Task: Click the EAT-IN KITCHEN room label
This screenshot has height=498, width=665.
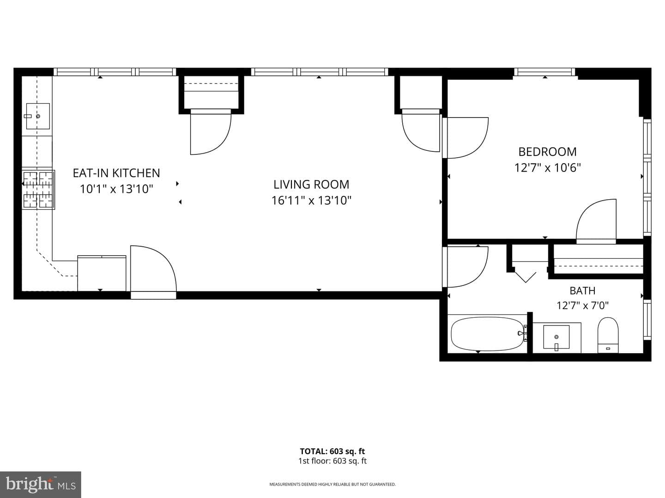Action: pyautogui.click(x=116, y=173)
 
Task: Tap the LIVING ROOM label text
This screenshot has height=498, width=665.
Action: pyautogui.click(x=311, y=184)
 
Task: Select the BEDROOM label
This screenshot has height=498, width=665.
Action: pyautogui.click(x=547, y=152)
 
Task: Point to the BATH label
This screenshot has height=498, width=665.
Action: pyautogui.click(x=583, y=290)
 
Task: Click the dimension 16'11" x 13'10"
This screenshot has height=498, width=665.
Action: pyautogui.click(x=311, y=201)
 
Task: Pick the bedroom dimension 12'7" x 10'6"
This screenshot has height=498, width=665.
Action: pyautogui.click(x=547, y=167)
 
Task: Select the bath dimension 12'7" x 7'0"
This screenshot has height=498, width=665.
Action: pyautogui.click(x=583, y=305)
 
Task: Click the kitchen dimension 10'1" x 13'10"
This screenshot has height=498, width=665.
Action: pyautogui.click(x=116, y=189)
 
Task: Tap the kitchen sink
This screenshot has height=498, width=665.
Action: pyautogui.click(x=38, y=116)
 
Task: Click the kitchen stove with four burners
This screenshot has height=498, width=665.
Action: pyautogui.click(x=38, y=190)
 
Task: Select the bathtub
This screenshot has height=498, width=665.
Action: pyautogui.click(x=487, y=333)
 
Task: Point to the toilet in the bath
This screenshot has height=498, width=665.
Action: pyautogui.click(x=608, y=335)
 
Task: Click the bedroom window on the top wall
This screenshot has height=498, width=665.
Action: pyautogui.click(x=545, y=72)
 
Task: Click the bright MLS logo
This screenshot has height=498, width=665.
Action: pyautogui.click(x=40, y=484)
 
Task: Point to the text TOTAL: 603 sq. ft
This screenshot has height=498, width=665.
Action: pyautogui.click(x=332, y=451)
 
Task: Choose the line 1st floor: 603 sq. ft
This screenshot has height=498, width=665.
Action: pyautogui.click(x=332, y=461)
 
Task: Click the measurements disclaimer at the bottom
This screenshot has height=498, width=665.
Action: pyautogui.click(x=332, y=484)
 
